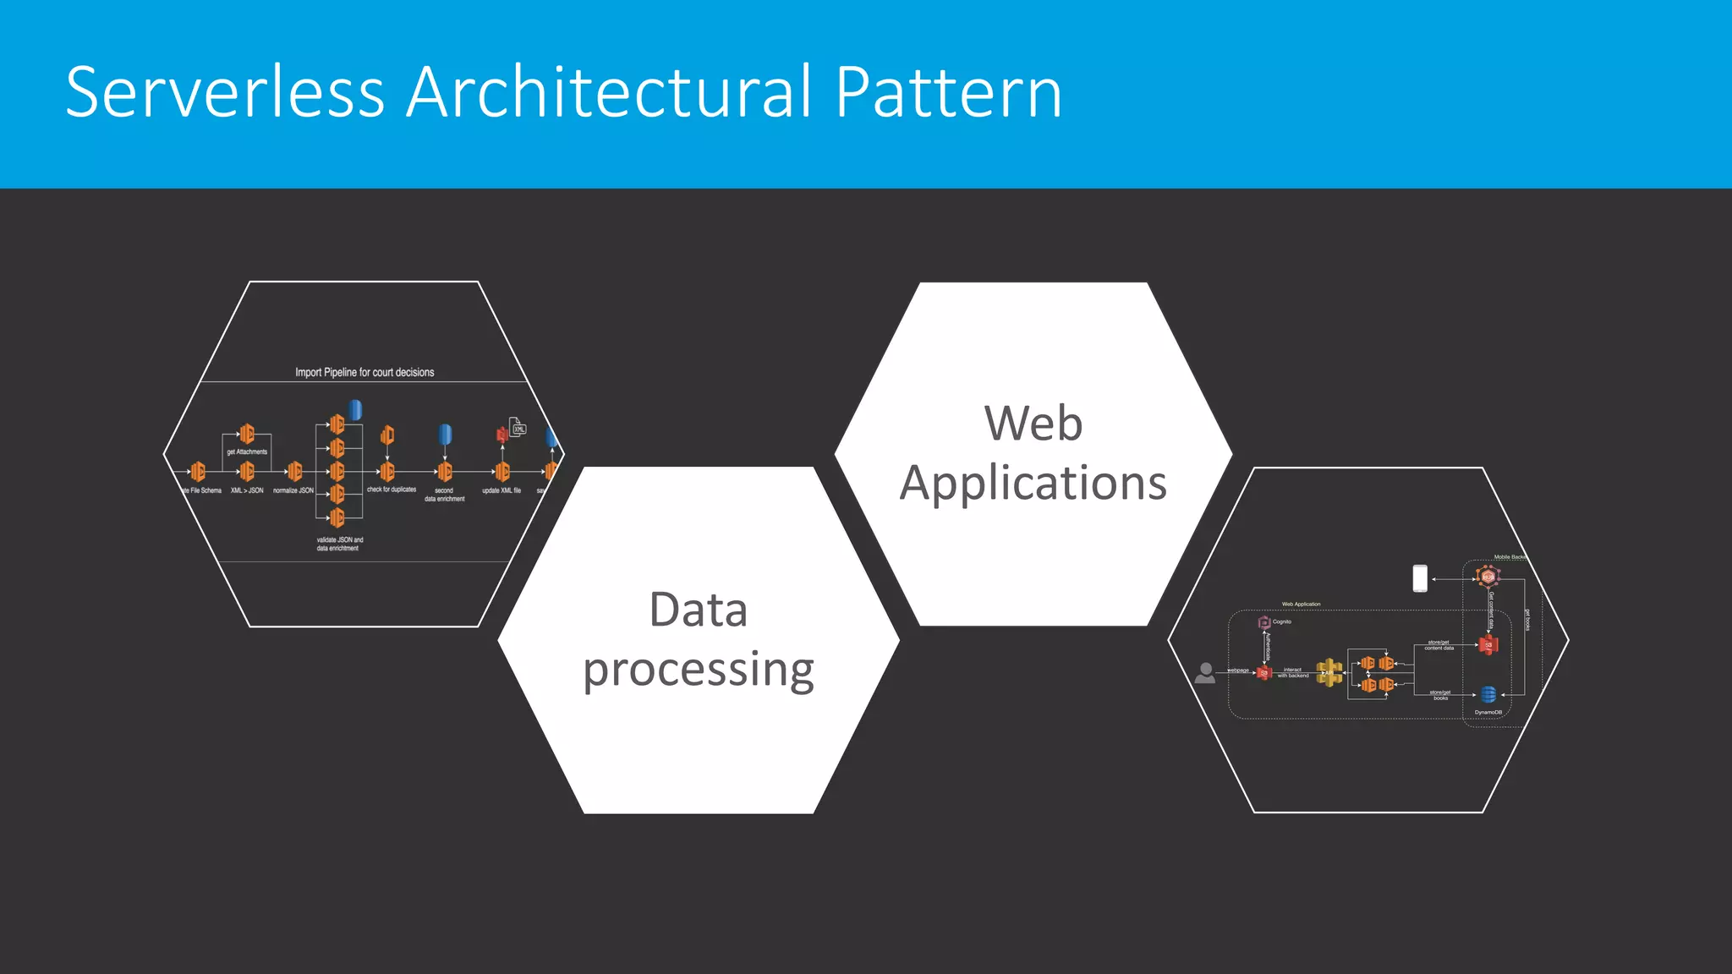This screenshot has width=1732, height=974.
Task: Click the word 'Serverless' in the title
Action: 225,92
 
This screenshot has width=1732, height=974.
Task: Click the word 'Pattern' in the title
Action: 948,92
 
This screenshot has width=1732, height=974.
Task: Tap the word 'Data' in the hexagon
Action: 699,610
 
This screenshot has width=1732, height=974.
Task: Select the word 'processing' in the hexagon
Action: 699,670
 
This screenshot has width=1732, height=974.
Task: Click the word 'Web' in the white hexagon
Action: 1033,423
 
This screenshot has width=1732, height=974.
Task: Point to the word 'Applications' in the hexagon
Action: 1033,483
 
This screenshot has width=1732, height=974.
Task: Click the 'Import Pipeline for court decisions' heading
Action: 364,372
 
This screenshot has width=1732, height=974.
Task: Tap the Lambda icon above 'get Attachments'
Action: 247,434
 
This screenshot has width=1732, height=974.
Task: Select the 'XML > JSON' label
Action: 247,490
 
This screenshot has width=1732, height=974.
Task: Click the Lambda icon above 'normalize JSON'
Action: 294,471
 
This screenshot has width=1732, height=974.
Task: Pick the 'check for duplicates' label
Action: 392,490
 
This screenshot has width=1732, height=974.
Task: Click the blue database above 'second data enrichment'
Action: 445,435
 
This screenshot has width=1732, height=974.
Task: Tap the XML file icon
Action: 518,426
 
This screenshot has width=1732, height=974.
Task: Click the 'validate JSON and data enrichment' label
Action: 339,544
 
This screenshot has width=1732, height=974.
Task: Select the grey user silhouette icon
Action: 1205,673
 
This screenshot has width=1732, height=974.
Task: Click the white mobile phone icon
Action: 1420,578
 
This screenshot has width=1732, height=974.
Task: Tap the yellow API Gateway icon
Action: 1329,672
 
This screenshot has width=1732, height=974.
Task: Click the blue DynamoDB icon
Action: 1488,695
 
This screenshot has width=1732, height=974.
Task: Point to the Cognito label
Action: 1282,621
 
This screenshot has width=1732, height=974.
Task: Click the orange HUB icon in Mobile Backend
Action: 1488,577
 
